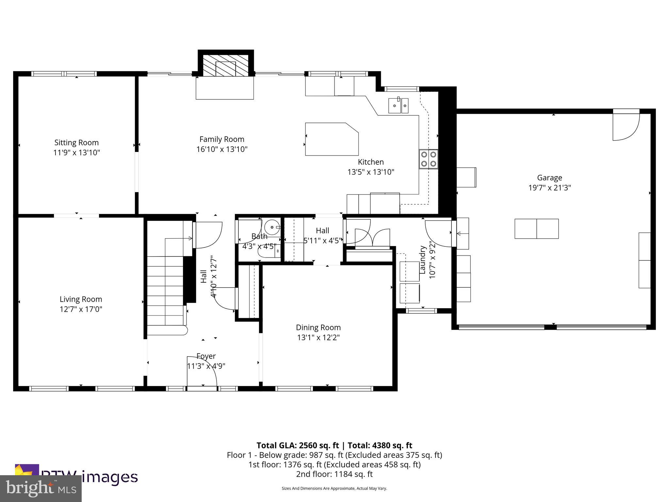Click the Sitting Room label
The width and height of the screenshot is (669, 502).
tap(76, 142)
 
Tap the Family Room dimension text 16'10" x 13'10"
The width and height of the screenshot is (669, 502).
tap(222, 149)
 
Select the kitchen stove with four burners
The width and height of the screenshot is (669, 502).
tap(429, 159)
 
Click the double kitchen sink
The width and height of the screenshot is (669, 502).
tap(398, 105)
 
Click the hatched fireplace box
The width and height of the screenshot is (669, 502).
tap(225, 65)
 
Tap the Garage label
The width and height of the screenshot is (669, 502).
tap(549, 178)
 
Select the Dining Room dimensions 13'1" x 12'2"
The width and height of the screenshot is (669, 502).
tap(318, 337)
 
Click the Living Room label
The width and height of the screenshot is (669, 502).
tap(81, 299)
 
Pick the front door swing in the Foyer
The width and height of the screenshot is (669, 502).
tap(202, 371)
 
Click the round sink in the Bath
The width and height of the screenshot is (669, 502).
tap(272, 226)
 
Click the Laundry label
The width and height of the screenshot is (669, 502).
tap(423, 260)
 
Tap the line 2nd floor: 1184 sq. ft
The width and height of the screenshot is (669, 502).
tap(334, 474)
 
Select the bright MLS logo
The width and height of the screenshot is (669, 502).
tap(41, 489)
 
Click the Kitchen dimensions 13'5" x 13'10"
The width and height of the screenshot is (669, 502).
tap(371, 172)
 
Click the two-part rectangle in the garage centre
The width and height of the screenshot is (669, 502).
tap(536, 229)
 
